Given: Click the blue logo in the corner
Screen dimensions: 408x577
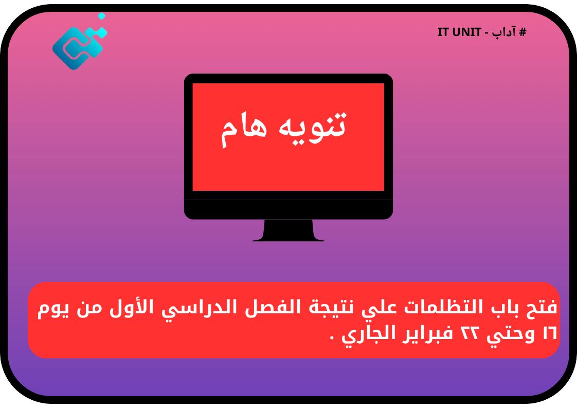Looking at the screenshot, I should click(78, 45).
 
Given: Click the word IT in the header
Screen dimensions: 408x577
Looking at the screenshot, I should click(444, 32).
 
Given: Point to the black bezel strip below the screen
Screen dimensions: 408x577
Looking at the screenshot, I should click(288, 208).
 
